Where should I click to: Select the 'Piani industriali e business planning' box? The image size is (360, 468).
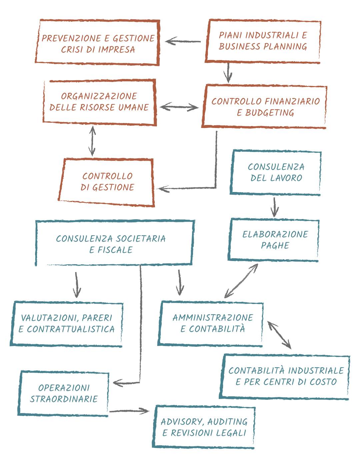[263, 41]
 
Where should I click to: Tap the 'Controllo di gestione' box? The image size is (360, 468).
[107, 182]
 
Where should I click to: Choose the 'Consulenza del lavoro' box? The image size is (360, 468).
[276, 172]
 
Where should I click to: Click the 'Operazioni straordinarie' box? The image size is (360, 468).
[64, 393]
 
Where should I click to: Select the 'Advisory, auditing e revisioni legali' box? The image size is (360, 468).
[204, 427]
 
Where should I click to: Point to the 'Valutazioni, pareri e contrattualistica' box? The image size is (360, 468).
[67, 324]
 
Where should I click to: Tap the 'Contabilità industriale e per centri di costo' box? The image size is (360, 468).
[285, 376]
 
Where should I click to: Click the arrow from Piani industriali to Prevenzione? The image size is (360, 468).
[183, 42]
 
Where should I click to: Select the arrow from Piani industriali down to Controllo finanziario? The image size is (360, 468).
[228, 72]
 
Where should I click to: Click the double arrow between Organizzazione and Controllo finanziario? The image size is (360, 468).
[179, 107]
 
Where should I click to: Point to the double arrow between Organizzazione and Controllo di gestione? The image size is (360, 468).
[92, 141]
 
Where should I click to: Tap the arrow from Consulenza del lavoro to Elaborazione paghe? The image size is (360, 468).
[274, 207]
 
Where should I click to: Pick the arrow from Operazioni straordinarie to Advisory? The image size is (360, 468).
[129, 411]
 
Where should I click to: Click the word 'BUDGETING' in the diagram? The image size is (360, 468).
[270, 113]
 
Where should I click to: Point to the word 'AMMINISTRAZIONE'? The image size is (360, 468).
[213, 317]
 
